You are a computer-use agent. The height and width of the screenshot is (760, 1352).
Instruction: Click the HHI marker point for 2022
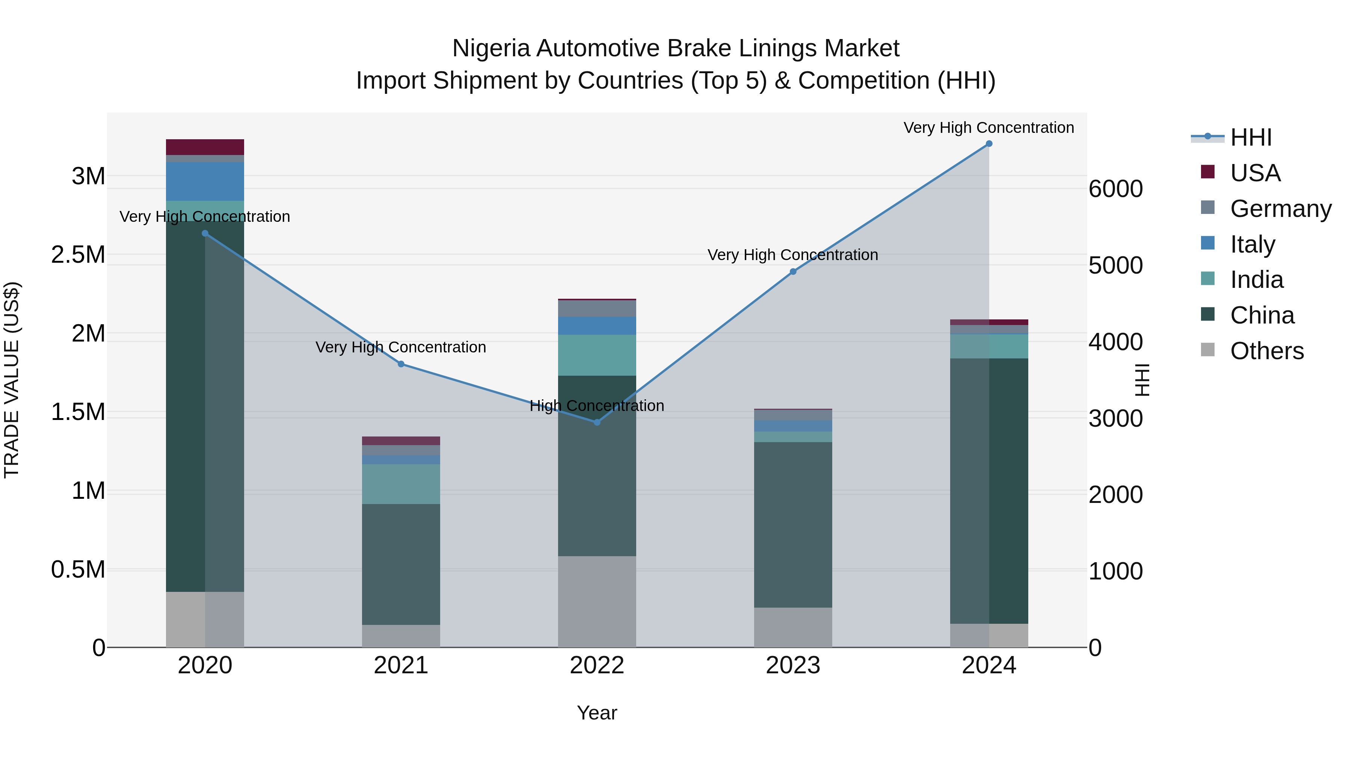(597, 422)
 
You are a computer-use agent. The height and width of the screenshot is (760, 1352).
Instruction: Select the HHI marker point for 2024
(989, 144)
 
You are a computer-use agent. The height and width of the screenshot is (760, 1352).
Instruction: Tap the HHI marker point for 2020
(205, 233)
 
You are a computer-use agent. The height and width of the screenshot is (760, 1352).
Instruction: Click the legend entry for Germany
(1280, 209)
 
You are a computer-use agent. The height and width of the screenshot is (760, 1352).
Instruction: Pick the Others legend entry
(1266, 351)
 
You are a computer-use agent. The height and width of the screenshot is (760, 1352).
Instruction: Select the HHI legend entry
(1250, 137)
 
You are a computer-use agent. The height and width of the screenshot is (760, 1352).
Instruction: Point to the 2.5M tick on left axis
(78, 255)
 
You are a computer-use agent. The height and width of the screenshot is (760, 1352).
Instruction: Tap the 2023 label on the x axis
(792, 665)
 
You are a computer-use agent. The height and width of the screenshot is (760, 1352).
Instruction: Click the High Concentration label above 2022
(597, 405)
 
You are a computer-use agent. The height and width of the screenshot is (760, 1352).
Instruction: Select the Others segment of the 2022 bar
(597, 601)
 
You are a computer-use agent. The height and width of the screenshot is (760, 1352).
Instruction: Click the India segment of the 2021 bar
(401, 484)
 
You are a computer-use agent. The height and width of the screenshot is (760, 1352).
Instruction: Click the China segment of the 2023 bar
(792, 525)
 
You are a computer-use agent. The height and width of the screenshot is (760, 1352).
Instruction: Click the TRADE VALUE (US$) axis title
(12, 380)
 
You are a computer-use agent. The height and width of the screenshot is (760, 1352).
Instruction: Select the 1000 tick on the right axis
(1115, 571)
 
